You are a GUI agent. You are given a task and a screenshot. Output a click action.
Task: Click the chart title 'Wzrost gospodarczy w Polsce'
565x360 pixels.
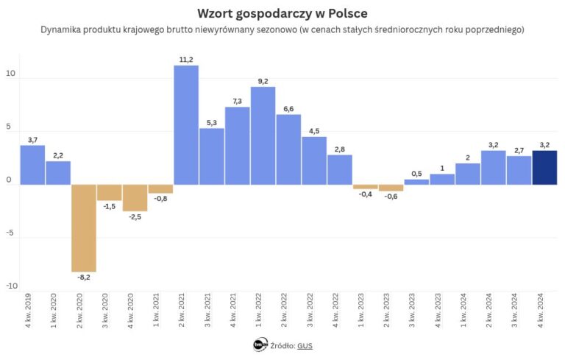click(282, 13)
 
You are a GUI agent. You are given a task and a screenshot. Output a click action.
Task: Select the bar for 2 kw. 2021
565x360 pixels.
click(186, 125)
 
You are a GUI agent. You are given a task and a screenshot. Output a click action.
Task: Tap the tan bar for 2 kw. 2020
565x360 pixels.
click(84, 227)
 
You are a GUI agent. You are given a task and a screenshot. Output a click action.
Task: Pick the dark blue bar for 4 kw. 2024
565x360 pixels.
click(544, 167)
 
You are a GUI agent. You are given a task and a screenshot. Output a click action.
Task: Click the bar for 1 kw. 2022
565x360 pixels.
click(263, 135)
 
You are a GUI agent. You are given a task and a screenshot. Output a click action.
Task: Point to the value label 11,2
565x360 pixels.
click(186, 59)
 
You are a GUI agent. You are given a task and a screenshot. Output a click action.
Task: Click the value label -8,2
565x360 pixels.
click(84, 278)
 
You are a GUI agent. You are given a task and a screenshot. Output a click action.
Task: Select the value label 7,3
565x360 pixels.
click(237, 100)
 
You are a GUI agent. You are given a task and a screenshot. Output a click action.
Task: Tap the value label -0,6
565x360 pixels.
click(391, 197)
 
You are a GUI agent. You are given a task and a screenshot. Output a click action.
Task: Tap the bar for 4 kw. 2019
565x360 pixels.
click(32, 165)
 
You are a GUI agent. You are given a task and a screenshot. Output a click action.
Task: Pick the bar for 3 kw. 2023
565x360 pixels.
click(416, 181)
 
